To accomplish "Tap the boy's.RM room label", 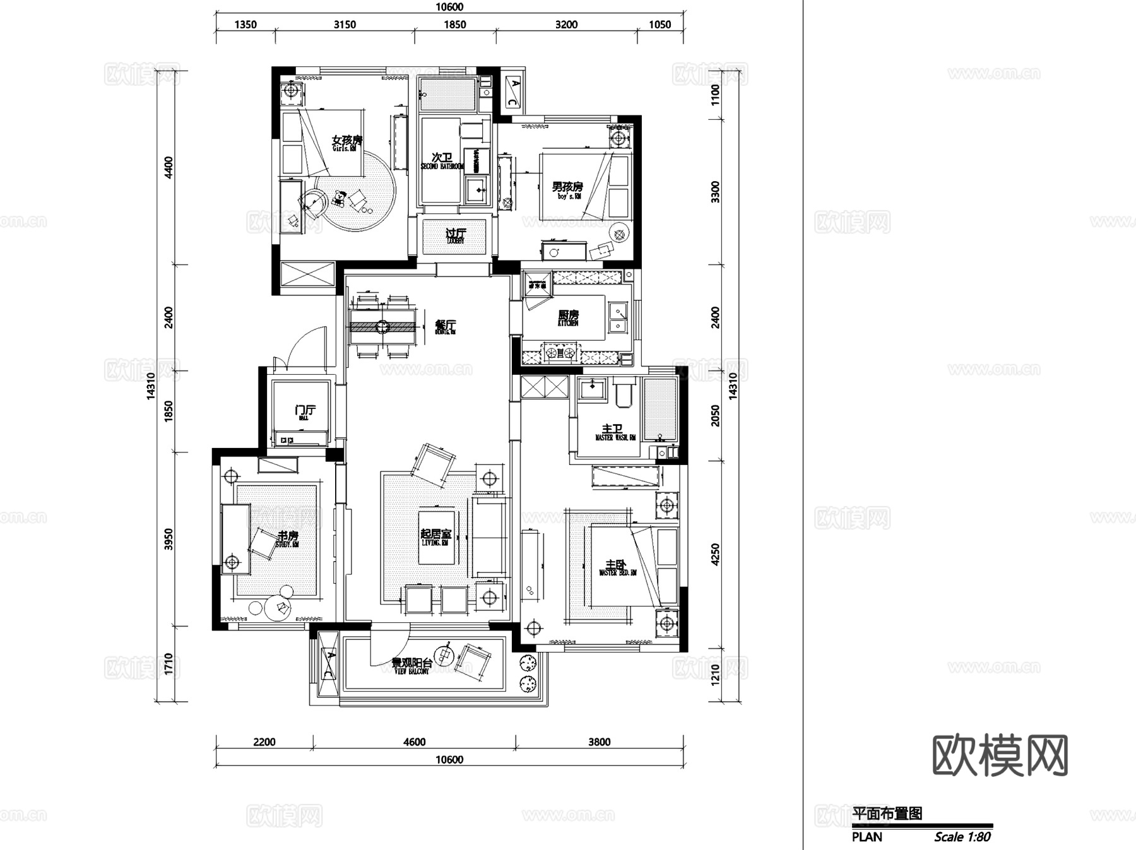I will point(568,196).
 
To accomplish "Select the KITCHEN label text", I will point(567,323).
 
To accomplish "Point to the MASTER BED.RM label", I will point(618,572).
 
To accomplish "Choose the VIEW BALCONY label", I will point(411,671).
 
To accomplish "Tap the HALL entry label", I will point(304,418).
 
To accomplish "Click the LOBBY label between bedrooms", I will point(455,240).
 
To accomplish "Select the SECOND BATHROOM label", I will point(442,166).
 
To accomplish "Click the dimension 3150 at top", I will point(345,25).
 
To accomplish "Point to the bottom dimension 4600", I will point(414,742).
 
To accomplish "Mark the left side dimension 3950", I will point(169,540).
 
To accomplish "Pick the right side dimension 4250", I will point(715,554).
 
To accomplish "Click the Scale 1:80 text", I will point(962,837).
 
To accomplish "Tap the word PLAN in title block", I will point(867,837).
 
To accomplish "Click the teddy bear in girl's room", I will point(339,199).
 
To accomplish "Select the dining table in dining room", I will point(382,327).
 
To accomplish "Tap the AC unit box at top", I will point(513,93).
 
